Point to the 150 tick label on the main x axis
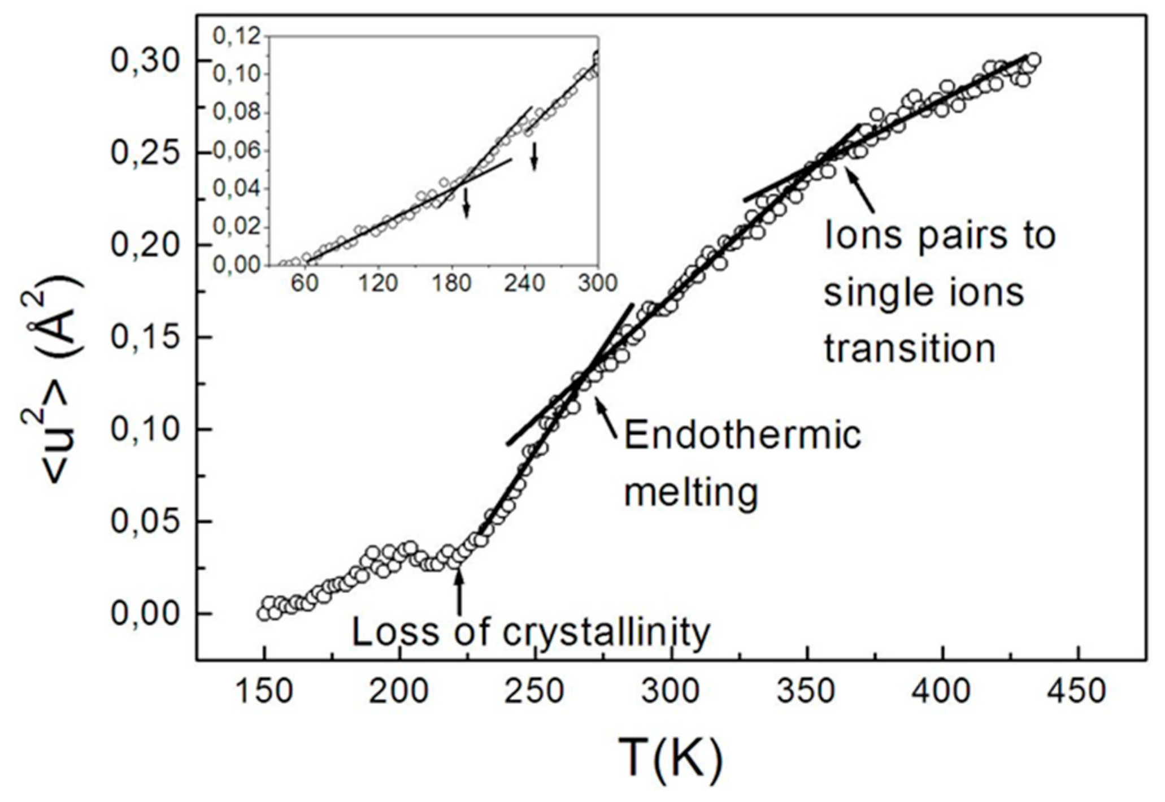coord(264,691)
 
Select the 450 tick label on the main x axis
coord(1079,691)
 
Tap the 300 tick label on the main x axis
coord(671,691)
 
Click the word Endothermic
coord(742,436)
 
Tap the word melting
coord(690,493)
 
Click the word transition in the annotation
coord(909,348)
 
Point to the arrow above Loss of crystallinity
coord(459,591)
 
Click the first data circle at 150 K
coord(263,613)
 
